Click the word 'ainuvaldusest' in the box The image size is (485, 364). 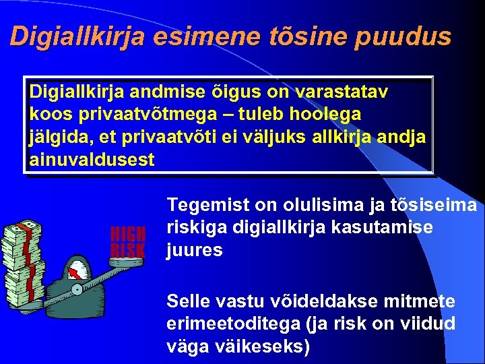click(x=92, y=160)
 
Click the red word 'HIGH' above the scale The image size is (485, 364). click(x=128, y=234)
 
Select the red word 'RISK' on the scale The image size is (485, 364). click(x=128, y=250)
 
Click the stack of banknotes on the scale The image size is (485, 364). click(x=22, y=260)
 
